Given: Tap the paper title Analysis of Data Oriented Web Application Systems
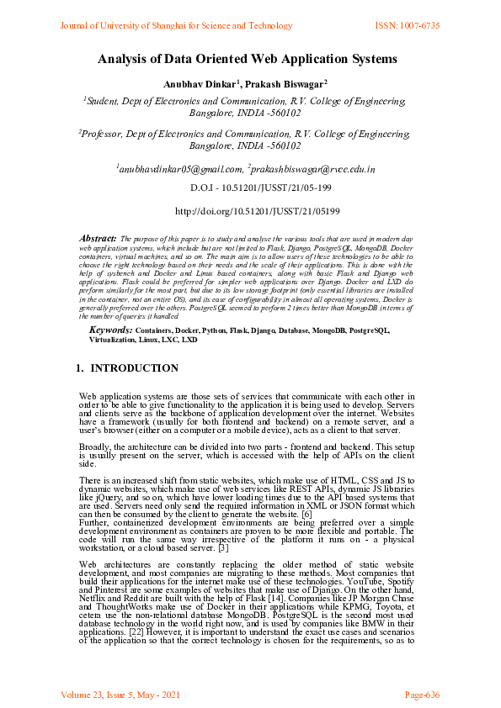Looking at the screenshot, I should click(247, 59).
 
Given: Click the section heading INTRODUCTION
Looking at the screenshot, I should click(134, 368).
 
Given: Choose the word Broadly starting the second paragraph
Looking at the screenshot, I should click(95, 446).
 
